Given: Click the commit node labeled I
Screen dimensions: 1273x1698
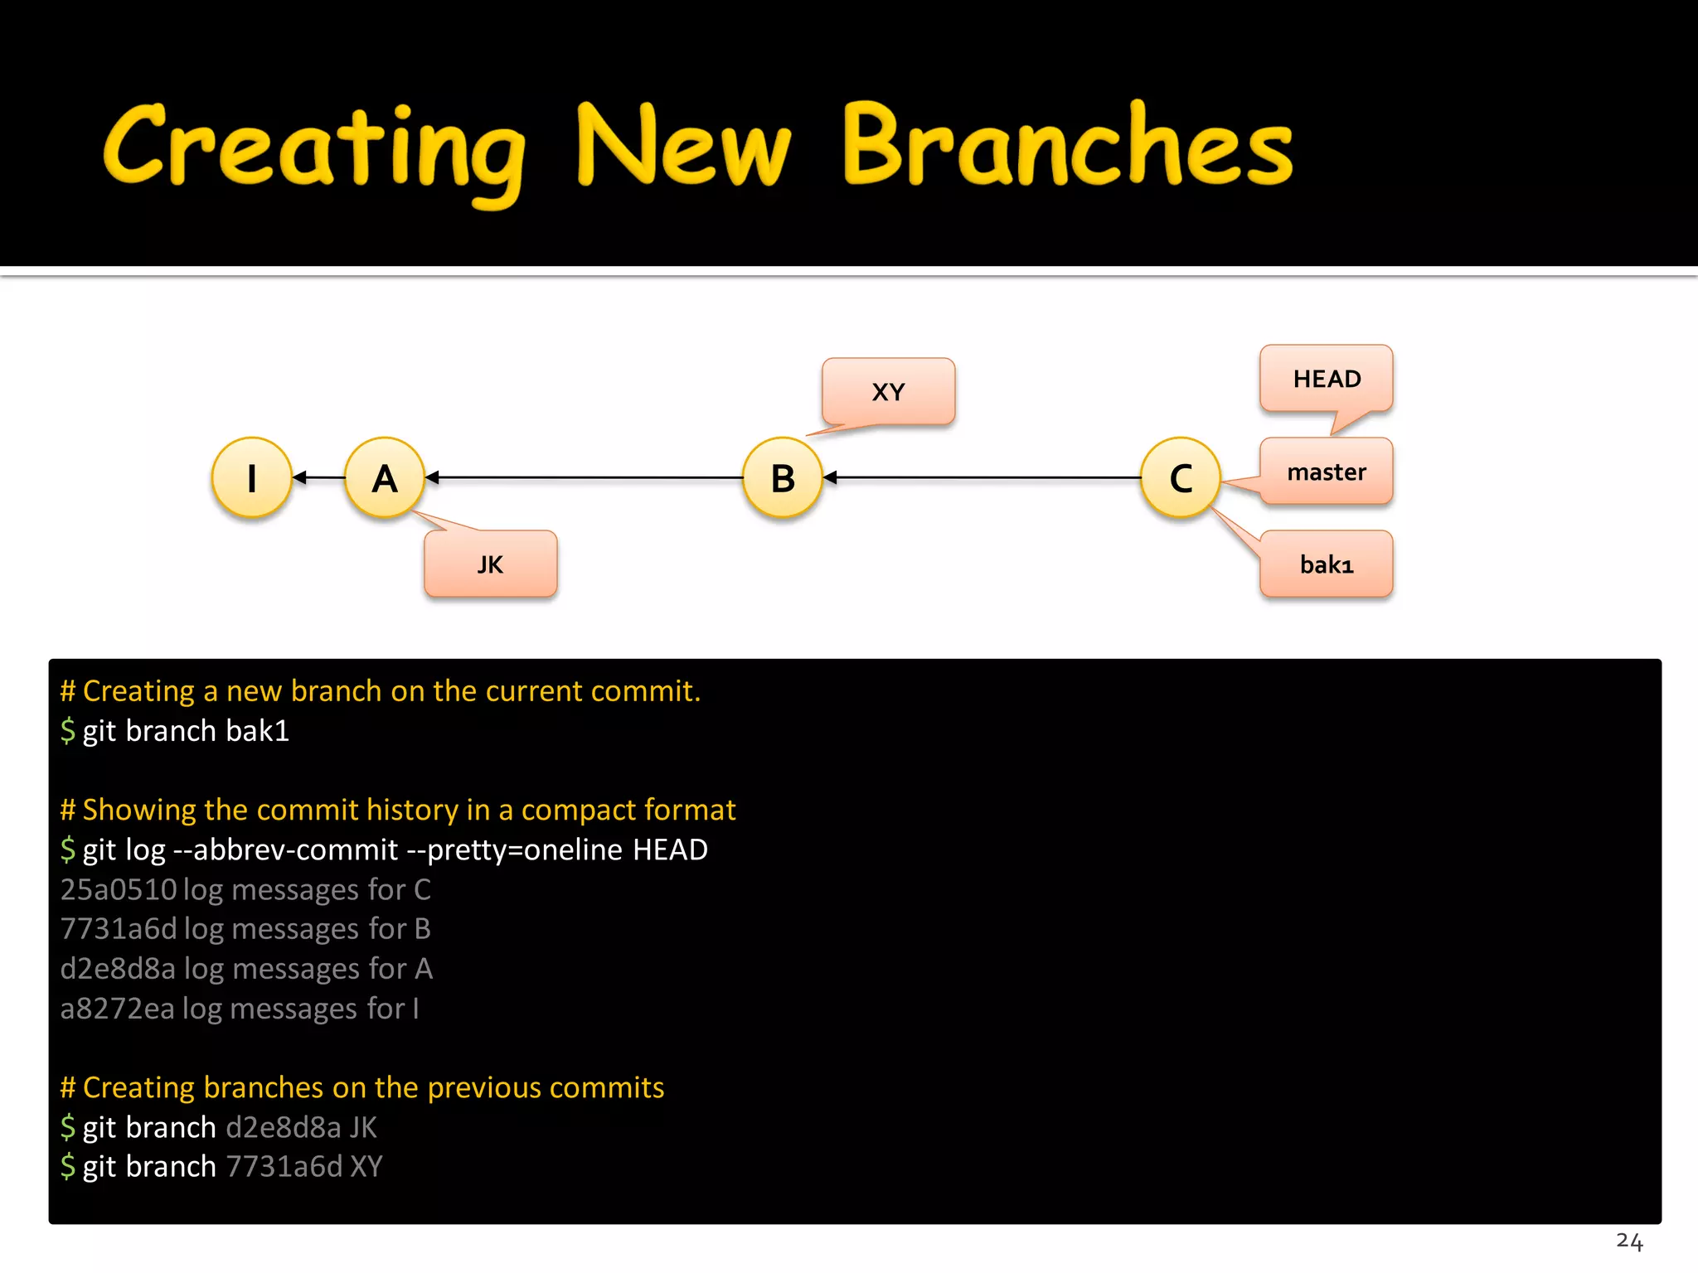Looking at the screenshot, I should [x=252, y=478].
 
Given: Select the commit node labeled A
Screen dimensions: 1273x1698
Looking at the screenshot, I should [x=385, y=478].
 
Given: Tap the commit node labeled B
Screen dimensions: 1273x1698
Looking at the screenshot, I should [x=783, y=478].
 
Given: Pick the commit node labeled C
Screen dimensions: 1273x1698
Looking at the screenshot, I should [x=1181, y=478].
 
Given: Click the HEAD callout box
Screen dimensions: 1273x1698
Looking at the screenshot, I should [x=1326, y=380].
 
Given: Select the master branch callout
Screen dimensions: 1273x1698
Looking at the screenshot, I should [x=1326, y=472].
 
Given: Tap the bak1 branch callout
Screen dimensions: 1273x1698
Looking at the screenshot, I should [x=1326, y=565].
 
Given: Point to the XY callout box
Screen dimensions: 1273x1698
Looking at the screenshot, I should [x=888, y=392].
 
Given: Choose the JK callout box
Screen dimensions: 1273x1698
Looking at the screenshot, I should [x=490, y=565].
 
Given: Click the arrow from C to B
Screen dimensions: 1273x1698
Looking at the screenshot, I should [x=982, y=478].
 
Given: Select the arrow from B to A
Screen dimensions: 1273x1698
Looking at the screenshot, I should [x=585, y=478].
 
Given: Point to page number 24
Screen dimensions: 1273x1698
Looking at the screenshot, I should [x=1628, y=1241].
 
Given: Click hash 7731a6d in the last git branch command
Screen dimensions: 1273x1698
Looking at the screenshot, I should [x=284, y=1167].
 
